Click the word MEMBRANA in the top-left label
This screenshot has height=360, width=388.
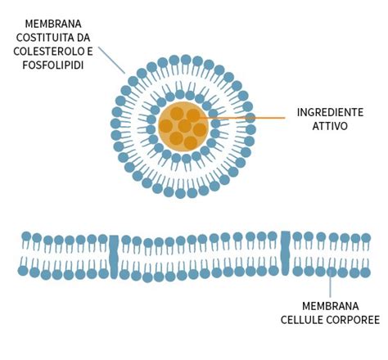click(53, 24)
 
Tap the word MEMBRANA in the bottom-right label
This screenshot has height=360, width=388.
click(331, 304)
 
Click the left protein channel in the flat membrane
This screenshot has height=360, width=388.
click(114, 253)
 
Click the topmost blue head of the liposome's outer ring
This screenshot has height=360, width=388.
click(186, 60)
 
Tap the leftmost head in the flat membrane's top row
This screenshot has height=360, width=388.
click(26, 236)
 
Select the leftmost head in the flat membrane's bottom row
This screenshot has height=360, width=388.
click(24, 270)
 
